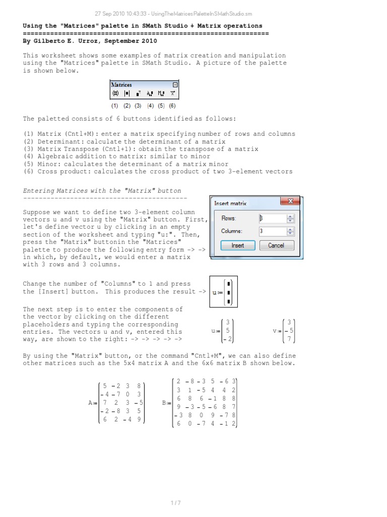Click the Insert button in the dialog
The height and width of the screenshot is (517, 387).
tap(238, 245)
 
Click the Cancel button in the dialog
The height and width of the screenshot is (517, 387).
tap(276, 245)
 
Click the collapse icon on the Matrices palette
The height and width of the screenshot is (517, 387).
tap(175, 85)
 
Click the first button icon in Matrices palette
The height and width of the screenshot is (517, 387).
tap(115, 93)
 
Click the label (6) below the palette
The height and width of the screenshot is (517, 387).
tap(172, 106)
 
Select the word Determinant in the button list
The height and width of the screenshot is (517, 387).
tap(58, 141)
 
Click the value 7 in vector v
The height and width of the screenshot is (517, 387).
tap(289, 339)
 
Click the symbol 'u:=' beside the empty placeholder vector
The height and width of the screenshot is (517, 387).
tap(218, 292)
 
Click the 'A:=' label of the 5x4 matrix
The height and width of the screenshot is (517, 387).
tap(93, 402)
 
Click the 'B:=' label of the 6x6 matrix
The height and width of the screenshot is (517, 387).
tap(167, 402)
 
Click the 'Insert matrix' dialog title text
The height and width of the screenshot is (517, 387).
tap(230, 203)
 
